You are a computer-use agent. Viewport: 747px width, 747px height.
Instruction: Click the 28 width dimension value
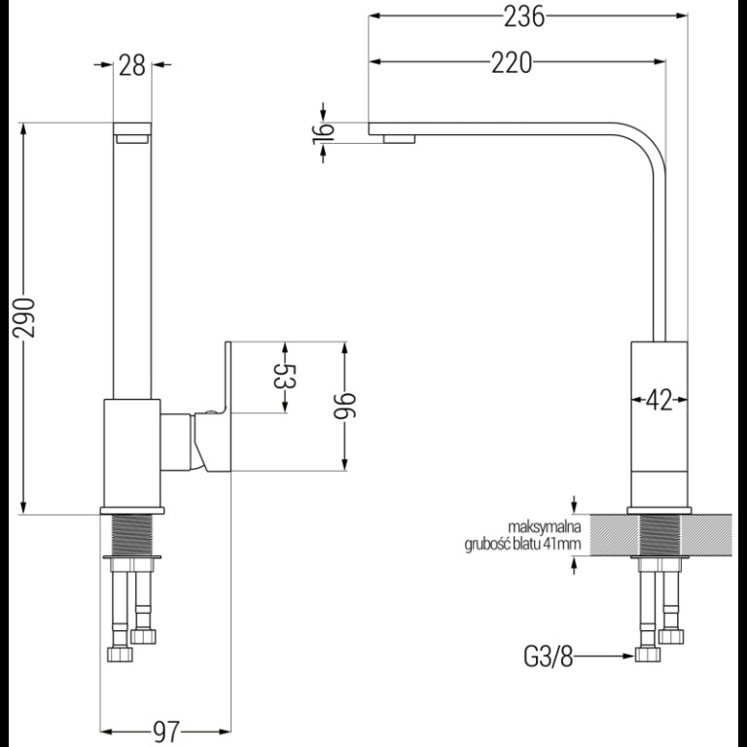click(132, 66)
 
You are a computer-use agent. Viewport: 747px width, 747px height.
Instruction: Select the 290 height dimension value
click(25, 317)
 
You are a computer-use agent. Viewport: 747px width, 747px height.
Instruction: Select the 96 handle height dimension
click(344, 404)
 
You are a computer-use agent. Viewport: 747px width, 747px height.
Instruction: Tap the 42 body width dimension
click(658, 400)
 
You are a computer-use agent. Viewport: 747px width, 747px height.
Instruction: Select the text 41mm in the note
click(561, 544)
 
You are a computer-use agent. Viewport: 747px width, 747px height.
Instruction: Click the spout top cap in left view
click(132, 128)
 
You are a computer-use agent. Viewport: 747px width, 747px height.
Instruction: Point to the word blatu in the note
click(530, 544)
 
